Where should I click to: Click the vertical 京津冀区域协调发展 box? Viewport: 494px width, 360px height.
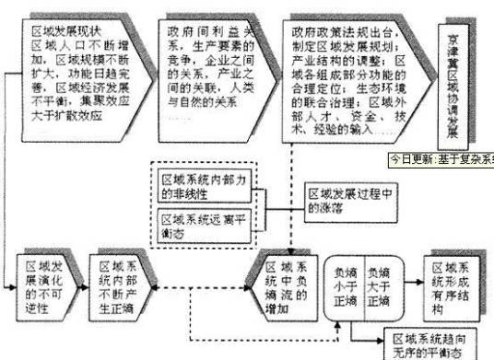tap(451, 77)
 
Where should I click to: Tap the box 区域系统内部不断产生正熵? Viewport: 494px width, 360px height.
tap(120, 285)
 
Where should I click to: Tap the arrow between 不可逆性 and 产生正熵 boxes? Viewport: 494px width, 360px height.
tap(83, 285)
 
